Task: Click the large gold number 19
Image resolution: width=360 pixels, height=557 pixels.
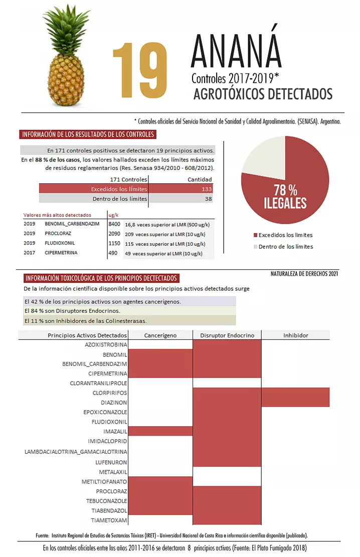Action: (140, 70)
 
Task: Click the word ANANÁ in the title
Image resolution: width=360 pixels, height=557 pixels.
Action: (236, 52)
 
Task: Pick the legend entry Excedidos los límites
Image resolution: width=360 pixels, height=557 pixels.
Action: (285, 235)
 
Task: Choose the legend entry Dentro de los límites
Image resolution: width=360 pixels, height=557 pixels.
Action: (286, 246)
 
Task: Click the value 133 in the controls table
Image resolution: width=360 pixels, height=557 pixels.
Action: (207, 189)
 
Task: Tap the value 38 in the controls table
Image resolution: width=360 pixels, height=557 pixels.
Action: (208, 199)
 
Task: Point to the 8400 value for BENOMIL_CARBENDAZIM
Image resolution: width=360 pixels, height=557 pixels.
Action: (114, 224)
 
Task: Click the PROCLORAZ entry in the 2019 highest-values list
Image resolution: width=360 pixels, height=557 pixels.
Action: (58, 234)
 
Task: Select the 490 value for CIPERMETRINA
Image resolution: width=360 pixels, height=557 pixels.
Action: (113, 253)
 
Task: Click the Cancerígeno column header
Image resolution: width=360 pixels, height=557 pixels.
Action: (160, 335)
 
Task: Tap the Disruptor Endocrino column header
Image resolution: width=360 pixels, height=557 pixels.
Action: (227, 335)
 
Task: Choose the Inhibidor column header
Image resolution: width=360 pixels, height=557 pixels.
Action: (295, 335)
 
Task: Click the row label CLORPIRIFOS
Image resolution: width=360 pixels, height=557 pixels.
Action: (110, 393)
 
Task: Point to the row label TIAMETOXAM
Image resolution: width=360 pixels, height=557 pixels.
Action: (109, 519)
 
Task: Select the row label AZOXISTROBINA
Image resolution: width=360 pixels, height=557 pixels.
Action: (106, 345)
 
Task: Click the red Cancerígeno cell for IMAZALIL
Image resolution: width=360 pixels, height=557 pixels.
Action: (160, 431)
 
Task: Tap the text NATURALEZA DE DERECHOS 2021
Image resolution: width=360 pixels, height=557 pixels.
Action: (304, 274)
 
